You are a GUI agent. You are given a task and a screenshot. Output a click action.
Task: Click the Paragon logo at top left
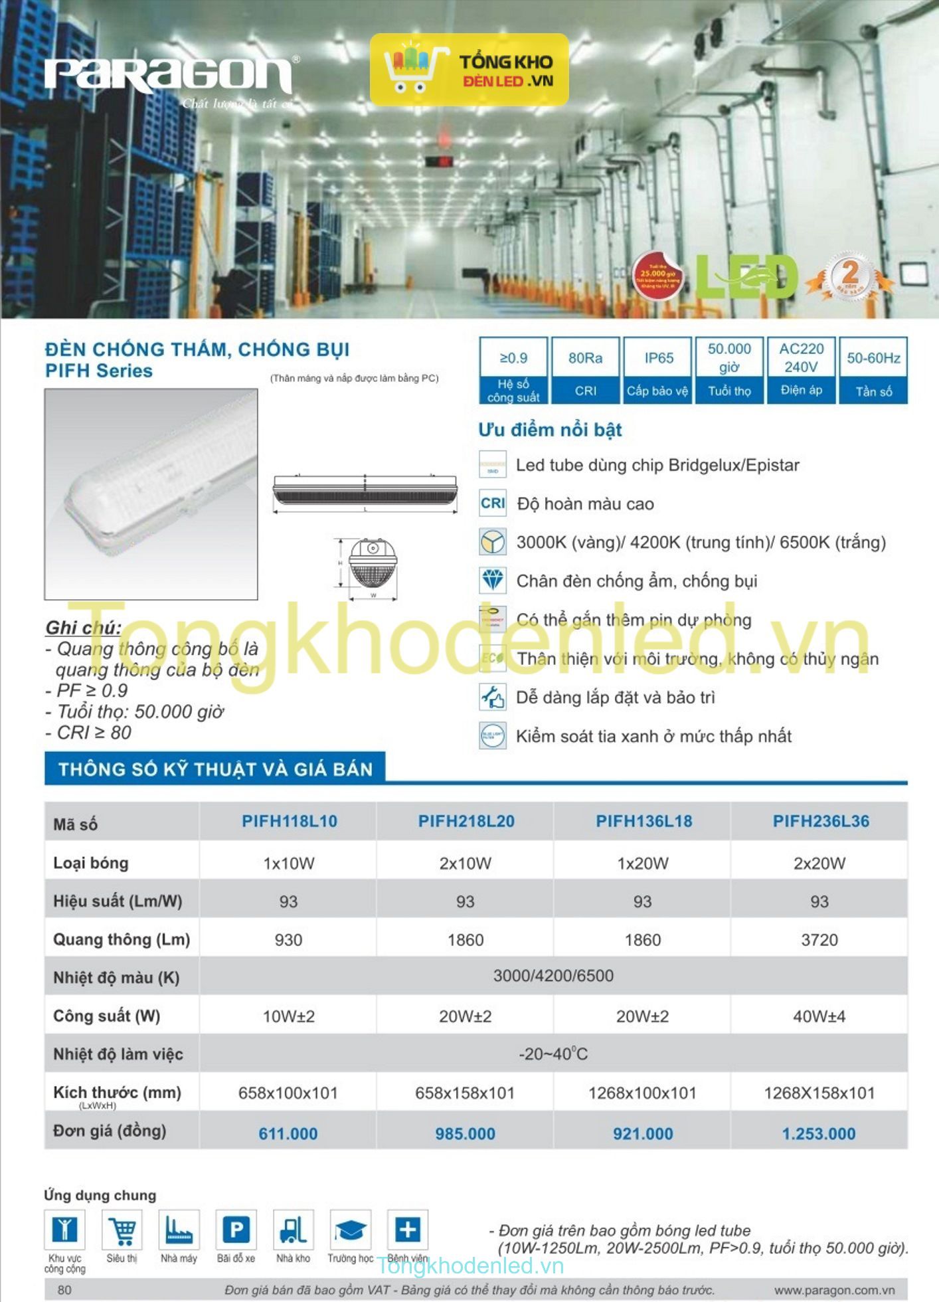pyautogui.click(x=169, y=74)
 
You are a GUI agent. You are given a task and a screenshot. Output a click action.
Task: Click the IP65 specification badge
pyautogui.click(x=658, y=370)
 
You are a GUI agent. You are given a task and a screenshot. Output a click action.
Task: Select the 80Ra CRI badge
pyautogui.click(x=585, y=370)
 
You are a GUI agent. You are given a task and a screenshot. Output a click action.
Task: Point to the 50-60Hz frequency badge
pyautogui.click(x=873, y=370)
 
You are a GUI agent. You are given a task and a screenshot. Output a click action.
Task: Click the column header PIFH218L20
pyautogui.click(x=466, y=821)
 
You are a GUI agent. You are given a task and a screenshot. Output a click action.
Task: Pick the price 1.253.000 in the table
pyautogui.click(x=819, y=1133)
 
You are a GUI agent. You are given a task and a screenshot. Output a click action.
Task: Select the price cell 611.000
pyautogui.click(x=288, y=1133)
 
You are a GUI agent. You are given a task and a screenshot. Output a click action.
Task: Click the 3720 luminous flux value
pyautogui.click(x=819, y=939)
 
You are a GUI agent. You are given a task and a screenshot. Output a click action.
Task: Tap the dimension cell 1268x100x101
pyautogui.click(x=642, y=1093)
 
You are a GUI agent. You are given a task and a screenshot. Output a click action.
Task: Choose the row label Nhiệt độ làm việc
pyautogui.click(x=118, y=1054)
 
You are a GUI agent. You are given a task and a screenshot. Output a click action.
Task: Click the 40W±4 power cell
pyautogui.click(x=819, y=1016)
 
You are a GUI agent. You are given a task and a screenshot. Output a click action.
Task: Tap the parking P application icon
pyautogui.click(x=236, y=1230)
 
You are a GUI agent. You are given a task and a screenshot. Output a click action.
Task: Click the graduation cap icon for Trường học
pyautogui.click(x=350, y=1230)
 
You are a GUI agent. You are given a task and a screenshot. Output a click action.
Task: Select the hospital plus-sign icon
pyautogui.click(x=407, y=1230)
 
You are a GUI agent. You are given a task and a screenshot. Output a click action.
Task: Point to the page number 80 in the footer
pyautogui.click(x=64, y=1290)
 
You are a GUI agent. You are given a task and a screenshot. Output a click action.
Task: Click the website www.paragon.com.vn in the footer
pyautogui.click(x=834, y=1290)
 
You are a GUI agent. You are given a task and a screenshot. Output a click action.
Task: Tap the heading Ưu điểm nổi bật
pyautogui.click(x=550, y=430)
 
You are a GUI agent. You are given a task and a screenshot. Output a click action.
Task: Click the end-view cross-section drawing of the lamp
pyautogui.click(x=373, y=565)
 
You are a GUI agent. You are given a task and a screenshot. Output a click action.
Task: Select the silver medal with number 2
pyautogui.click(x=850, y=274)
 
